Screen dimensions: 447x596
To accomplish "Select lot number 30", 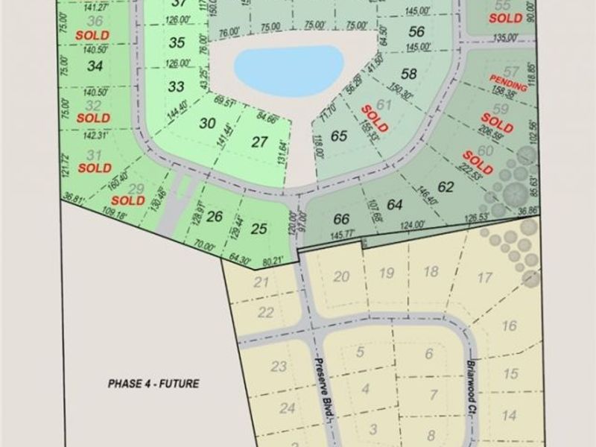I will point(208,124).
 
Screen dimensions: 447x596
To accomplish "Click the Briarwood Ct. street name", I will point(471,381).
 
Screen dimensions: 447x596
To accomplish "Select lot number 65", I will point(340,136).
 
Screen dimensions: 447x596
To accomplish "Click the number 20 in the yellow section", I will point(342,276).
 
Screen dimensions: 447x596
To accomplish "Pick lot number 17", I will point(485,278).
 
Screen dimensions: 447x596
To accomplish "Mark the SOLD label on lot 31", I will point(94,168).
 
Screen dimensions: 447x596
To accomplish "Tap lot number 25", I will point(259,229).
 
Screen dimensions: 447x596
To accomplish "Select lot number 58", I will point(408,74).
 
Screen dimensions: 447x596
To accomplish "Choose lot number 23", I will point(279,366).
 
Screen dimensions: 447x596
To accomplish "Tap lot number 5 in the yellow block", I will point(361,352).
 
